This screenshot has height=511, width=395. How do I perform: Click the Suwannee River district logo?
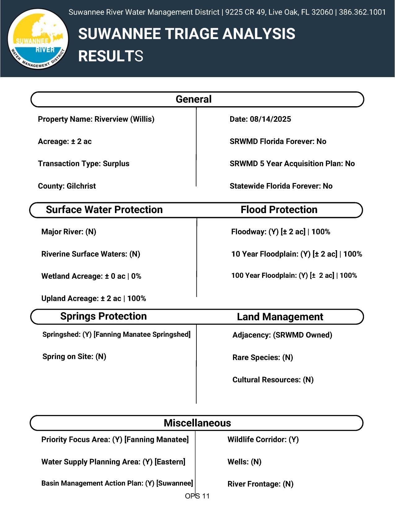pos(38,38)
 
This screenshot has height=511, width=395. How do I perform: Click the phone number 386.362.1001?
pos(362,12)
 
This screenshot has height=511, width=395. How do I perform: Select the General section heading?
pos(194,99)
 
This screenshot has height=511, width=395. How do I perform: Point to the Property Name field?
pos(96,119)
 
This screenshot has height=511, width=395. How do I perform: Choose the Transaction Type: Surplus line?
pos(84,164)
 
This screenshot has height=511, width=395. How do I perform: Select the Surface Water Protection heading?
pos(104,210)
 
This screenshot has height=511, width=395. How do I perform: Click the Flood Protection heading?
pos(279,210)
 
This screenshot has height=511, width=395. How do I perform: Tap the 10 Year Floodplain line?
pos(296,254)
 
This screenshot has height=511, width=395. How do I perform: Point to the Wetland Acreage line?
pos(91,276)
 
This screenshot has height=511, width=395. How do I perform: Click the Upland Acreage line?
pos(94,299)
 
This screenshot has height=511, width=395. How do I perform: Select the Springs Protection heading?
pos(103,316)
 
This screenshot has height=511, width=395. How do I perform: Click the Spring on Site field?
pos(74,357)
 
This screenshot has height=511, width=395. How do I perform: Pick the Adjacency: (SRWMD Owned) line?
pos(282,335)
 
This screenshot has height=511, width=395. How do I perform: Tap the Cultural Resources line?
pos(273,380)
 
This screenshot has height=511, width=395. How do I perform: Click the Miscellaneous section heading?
pos(197,423)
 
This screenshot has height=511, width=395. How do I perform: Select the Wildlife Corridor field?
pos(263,439)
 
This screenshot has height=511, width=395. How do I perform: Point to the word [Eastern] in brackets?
pos(170,462)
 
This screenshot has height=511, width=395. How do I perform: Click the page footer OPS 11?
pos(197,496)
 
